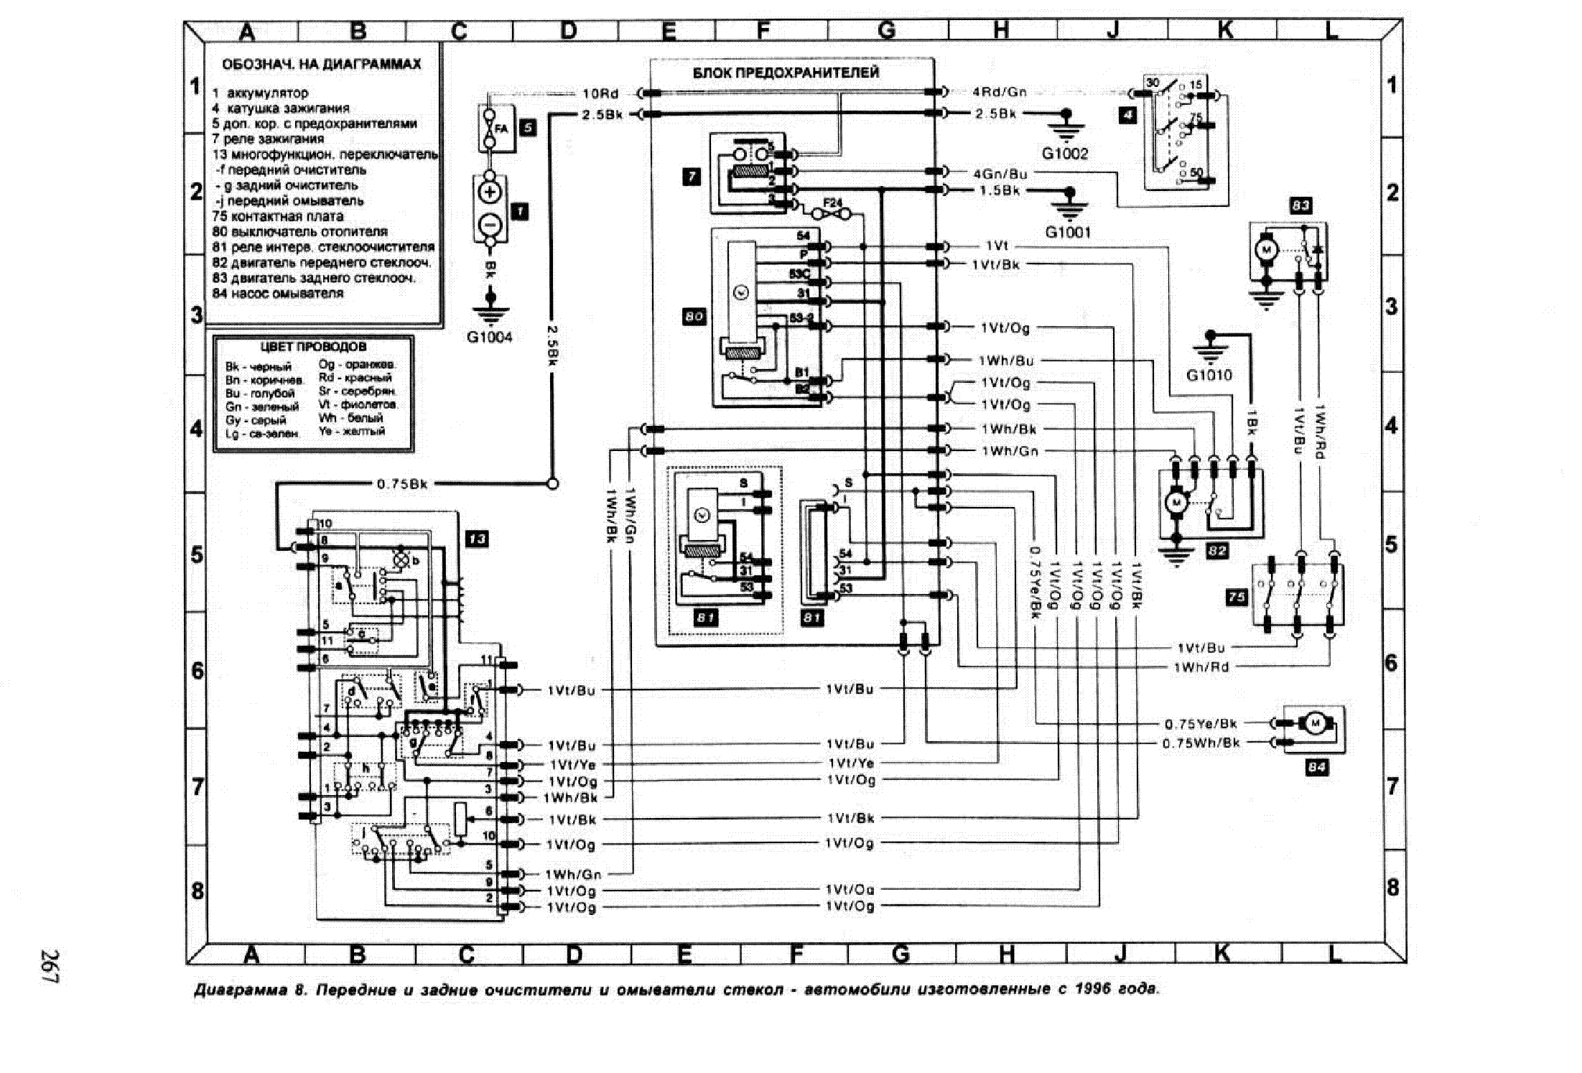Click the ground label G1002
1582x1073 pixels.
(1065, 154)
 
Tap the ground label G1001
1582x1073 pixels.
(1068, 232)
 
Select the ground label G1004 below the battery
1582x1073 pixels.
(490, 337)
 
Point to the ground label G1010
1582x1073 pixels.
(1209, 375)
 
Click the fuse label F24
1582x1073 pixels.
(832, 204)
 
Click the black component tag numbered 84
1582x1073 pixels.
(1316, 768)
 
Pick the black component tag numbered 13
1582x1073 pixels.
(477, 539)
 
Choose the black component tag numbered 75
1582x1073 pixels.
(1237, 597)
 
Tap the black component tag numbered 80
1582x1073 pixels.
(694, 317)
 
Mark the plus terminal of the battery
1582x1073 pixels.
(490, 193)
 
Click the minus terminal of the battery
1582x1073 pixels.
(490, 224)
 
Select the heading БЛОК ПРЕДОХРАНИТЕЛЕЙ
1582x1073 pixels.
(786, 73)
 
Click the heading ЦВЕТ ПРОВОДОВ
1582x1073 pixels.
(313, 347)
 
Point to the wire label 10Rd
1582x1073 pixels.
(600, 93)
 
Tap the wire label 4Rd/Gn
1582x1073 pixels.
(1000, 92)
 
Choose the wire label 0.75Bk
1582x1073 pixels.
(402, 484)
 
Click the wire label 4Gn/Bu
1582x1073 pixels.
(1000, 174)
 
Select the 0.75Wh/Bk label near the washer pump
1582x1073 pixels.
(1201, 743)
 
